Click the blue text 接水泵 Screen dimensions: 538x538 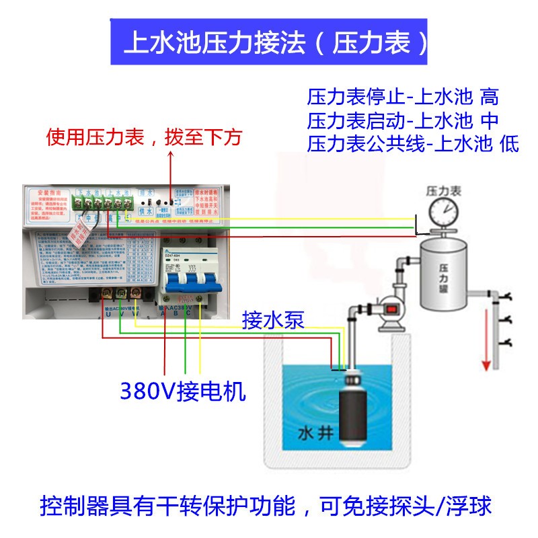(273, 320)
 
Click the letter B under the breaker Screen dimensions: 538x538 (176, 312)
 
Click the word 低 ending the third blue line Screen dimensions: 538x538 (509, 145)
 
